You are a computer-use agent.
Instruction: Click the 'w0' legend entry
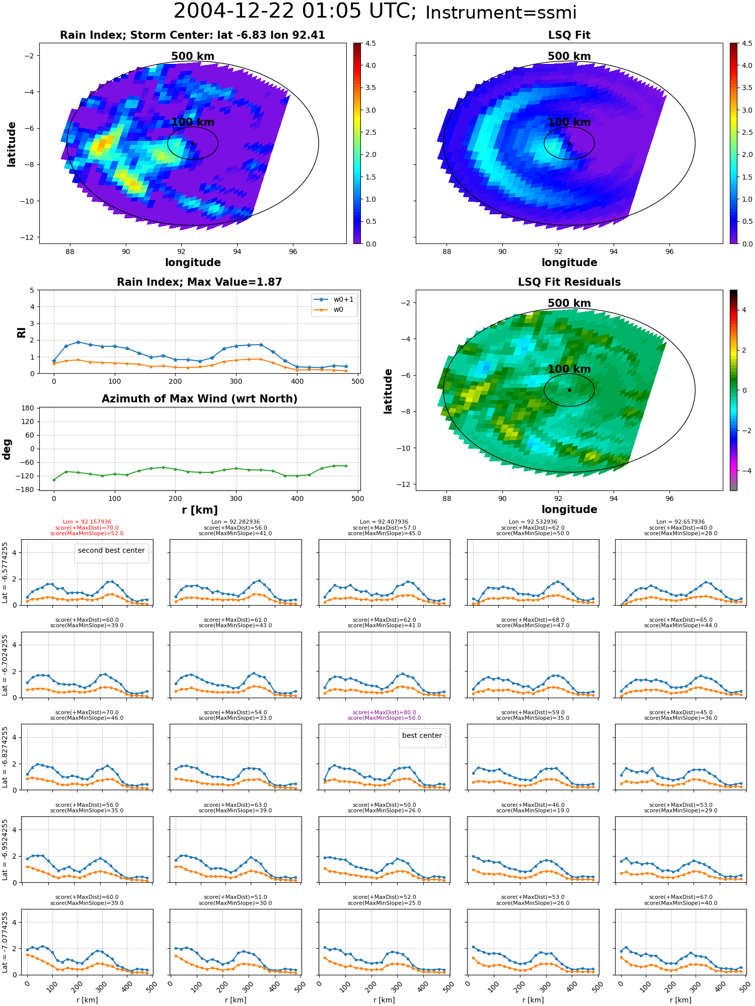tap(338, 309)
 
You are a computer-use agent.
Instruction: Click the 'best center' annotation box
tap(422, 735)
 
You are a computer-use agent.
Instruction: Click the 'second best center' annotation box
tap(111, 550)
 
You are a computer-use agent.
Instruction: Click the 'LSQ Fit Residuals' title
tap(569, 282)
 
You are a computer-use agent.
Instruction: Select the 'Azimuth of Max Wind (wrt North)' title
tap(199, 399)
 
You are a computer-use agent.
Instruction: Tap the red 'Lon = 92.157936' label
tap(87, 522)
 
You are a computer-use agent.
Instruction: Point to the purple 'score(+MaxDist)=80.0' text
tap(384, 712)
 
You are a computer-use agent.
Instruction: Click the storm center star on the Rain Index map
tap(193, 143)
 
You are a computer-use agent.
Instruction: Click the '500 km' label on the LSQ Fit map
tap(569, 56)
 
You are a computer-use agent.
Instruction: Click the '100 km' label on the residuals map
tap(569, 369)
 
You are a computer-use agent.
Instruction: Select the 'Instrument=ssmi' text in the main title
tap(501, 13)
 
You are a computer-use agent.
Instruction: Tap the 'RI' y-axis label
tap(21, 332)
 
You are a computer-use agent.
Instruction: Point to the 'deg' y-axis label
tap(7, 449)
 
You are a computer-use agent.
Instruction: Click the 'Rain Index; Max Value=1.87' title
tap(199, 282)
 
